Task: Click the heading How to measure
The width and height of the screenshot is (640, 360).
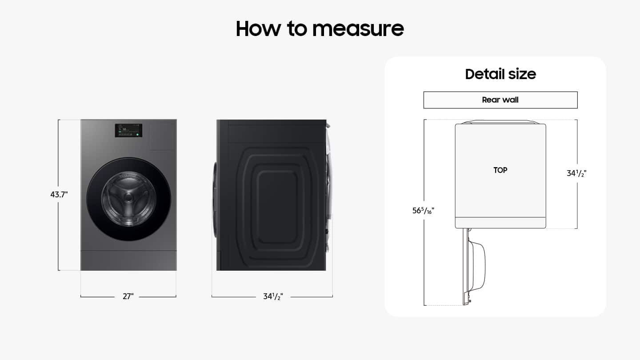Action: click(320, 28)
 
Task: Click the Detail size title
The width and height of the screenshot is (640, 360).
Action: click(500, 74)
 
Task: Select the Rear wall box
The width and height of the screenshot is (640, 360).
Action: click(500, 100)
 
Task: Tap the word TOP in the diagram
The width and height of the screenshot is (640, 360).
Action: click(500, 170)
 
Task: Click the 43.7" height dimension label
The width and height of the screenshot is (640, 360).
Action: click(59, 194)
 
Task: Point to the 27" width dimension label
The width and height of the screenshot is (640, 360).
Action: click(128, 296)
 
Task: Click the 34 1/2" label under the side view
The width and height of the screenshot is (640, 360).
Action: click(273, 296)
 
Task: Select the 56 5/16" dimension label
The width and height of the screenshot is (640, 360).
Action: click(423, 211)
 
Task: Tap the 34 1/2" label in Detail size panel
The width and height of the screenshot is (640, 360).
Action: click(576, 173)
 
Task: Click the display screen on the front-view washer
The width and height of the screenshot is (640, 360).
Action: click(128, 130)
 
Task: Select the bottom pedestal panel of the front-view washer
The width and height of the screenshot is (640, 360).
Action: click(128, 260)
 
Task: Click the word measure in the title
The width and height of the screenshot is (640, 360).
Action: click(358, 28)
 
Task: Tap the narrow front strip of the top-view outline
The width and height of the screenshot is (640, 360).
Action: click(500, 223)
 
